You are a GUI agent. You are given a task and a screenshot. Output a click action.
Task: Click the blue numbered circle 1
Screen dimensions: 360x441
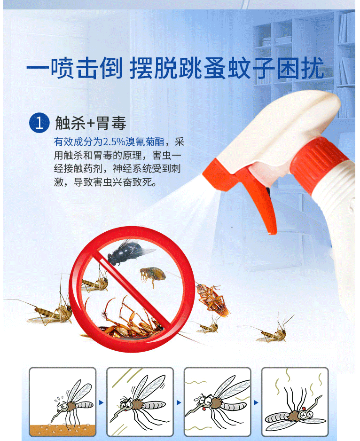pos(39,123)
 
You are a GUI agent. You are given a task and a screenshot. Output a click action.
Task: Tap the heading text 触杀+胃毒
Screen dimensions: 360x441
pos(91,123)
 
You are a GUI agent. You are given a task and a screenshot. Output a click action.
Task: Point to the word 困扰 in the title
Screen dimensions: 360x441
pos(300,68)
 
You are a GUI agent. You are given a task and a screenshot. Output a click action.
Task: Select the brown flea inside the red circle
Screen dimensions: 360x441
pos(153,275)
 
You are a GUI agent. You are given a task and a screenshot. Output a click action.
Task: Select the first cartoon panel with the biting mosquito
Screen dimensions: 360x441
pos(63,402)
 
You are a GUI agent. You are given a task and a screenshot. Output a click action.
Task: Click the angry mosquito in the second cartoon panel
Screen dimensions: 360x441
pos(139,402)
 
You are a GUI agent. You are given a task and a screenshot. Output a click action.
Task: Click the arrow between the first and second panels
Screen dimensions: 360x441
pos(101,403)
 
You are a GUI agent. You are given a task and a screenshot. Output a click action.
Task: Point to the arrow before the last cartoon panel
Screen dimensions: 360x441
pos(256,403)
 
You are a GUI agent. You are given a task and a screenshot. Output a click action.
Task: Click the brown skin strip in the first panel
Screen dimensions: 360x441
pos(63,430)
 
